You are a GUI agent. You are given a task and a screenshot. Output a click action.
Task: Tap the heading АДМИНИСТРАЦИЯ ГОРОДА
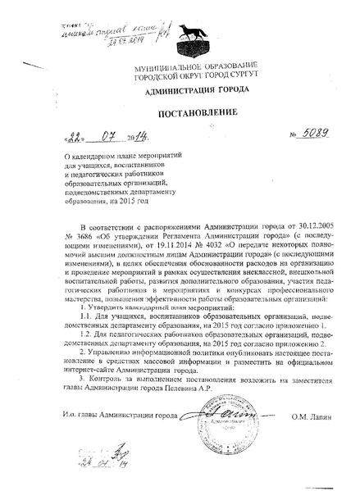(180, 89)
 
